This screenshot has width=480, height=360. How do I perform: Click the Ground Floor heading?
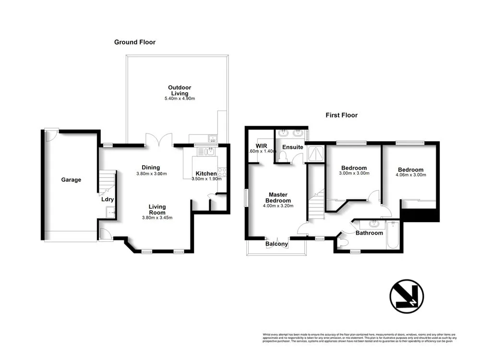[134, 42]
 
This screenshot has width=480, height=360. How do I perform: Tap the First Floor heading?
[341, 115]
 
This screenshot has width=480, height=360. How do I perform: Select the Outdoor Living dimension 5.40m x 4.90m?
[179, 99]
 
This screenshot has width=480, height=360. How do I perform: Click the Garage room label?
[71, 180]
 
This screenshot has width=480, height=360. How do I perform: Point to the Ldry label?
[107, 199]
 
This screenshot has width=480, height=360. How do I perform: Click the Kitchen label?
[206, 173]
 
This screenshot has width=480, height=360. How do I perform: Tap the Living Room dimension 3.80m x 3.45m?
[156, 217]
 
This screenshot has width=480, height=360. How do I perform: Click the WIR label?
[261, 145]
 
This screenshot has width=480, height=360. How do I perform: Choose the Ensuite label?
[292, 147]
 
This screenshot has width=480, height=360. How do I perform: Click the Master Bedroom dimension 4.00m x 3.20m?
[278, 206]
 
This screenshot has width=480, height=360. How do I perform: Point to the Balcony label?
[277, 244]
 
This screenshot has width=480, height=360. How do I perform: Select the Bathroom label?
[369, 233]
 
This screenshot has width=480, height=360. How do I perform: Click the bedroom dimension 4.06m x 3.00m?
[410, 175]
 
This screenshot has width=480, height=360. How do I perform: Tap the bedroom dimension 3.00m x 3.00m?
[354, 174]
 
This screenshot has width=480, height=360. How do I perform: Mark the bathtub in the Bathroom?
[393, 235]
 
